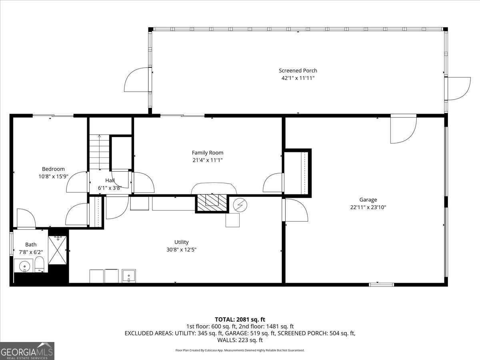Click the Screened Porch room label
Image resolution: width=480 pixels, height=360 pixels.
(x=298, y=71)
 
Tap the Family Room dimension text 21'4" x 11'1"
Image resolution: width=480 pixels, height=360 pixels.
(x=207, y=160)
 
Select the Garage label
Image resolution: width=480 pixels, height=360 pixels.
(x=368, y=200)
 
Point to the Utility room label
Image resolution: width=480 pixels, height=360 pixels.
(x=181, y=242)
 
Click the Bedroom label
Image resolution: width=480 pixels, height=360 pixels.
(x=53, y=169)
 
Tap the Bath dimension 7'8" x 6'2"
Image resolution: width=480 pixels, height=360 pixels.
(x=31, y=252)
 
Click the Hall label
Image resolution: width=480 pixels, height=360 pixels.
(x=110, y=180)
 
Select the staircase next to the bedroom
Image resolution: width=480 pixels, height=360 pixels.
(x=99, y=152)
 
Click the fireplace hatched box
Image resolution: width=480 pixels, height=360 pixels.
(x=211, y=202)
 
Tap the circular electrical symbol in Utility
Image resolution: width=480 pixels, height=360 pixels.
(x=240, y=205)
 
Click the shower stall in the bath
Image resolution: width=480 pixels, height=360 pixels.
(x=58, y=250)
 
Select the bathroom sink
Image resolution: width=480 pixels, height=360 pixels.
(x=25, y=266)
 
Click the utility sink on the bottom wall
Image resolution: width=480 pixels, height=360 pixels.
(x=129, y=276)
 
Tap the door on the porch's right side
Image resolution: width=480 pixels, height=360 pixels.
(x=458, y=88)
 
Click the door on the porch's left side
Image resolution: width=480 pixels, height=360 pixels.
(x=138, y=80)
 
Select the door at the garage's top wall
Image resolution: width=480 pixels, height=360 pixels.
(x=403, y=129)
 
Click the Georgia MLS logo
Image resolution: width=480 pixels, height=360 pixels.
(x=27, y=351)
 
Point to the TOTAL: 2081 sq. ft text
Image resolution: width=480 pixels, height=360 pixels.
(x=240, y=319)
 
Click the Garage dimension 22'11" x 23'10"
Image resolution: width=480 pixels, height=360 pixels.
(x=368, y=207)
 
